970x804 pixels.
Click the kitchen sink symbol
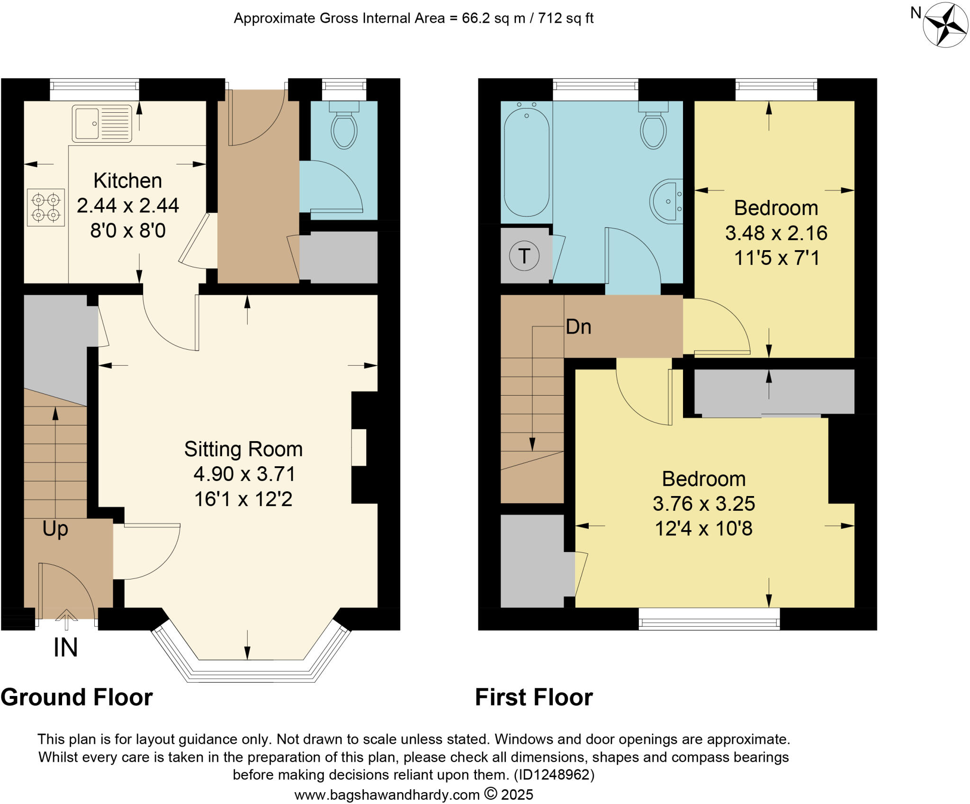[102, 124]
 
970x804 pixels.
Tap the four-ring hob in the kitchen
[45, 208]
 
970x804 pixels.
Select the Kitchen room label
[127, 181]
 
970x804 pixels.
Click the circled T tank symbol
[524, 256]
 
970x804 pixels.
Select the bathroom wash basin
[667, 200]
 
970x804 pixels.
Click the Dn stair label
[578, 327]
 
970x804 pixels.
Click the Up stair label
[55, 528]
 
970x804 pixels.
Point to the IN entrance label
[65, 648]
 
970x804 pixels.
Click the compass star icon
[945, 25]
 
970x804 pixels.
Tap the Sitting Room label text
[243, 449]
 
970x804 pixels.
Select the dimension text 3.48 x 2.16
[776, 233]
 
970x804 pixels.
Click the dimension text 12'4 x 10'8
[703, 528]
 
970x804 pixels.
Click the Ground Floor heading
[77, 697]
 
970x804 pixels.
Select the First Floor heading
[534, 697]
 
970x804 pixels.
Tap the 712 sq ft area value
[566, 18]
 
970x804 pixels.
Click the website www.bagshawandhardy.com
[387, 795]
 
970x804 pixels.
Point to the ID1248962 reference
[554, 775]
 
